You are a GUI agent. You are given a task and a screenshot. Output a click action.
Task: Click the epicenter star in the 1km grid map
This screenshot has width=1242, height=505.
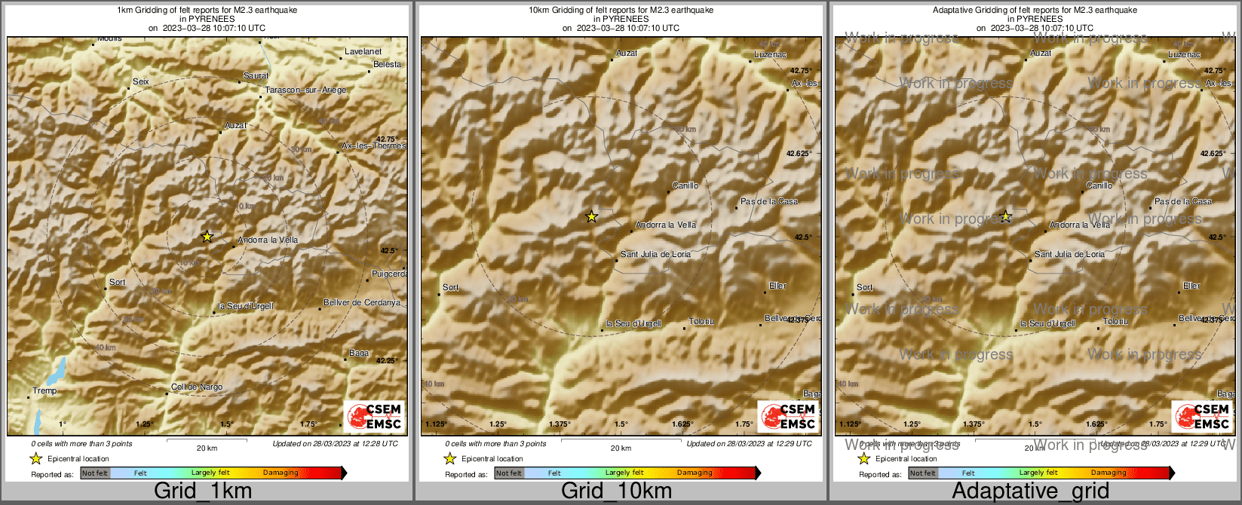(207, 237)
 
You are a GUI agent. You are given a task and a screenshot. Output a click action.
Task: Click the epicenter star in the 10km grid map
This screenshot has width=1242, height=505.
(592, 217)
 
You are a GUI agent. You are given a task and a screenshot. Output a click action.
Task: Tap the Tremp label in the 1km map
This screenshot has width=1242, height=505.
(44, 390)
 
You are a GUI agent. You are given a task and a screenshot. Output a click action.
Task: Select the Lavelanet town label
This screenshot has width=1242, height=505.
(363, 51)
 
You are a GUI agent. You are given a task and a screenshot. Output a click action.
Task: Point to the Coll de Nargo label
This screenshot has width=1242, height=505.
(197, 387)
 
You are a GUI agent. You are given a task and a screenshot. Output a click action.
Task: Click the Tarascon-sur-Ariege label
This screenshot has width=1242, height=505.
(305, 90)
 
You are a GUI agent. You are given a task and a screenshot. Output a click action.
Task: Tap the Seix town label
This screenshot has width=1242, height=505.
(141, 81)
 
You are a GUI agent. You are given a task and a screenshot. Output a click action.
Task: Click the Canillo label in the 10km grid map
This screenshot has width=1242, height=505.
(685, 185)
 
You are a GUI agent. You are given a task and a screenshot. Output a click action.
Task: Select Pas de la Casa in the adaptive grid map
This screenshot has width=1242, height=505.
(1183, 201)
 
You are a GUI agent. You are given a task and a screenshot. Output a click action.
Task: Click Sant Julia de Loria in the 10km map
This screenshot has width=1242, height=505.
(655, 254)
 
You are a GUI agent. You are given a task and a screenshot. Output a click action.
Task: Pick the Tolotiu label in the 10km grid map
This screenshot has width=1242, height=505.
(701, 322)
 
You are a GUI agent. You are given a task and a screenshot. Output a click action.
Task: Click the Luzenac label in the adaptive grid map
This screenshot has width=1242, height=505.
(1184, 54)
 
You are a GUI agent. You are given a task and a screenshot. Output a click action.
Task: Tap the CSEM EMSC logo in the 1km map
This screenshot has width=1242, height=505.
(375, 416)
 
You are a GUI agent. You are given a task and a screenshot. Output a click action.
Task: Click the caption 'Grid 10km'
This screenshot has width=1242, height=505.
(616, 491)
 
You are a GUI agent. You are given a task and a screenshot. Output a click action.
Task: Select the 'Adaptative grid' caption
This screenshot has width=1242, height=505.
(1030, 491)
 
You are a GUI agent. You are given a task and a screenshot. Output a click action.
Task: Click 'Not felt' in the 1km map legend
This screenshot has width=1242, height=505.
(95, 473)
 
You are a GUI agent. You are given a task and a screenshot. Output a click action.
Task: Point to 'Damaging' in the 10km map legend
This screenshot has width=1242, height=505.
(695, 473)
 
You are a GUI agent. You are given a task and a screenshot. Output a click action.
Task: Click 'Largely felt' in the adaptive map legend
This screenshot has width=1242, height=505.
(1038, 473)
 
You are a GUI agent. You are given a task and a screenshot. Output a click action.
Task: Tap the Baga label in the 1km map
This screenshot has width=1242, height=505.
(359, 353)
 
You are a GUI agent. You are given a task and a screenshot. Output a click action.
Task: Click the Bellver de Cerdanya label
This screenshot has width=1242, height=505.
(362, 302)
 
